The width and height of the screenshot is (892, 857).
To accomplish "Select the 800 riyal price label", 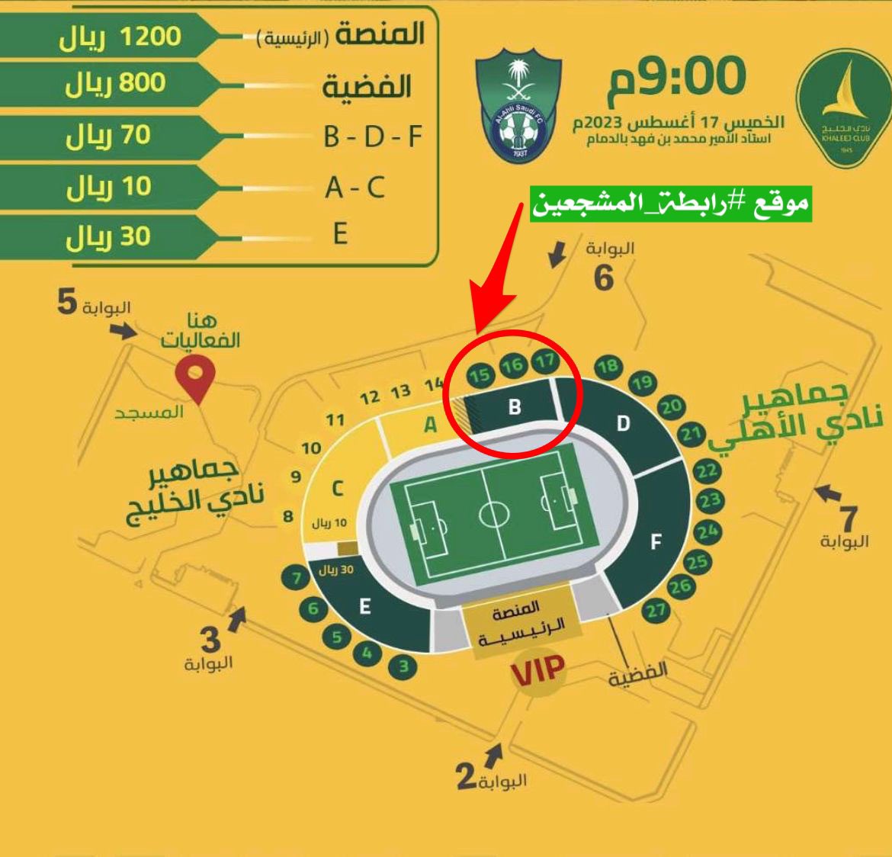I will (115, 83).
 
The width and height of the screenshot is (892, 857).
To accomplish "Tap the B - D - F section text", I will (373, 136).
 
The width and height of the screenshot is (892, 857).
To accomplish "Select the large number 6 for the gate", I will (603, 278).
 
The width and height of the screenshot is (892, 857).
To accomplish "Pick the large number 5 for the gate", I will (67, 303).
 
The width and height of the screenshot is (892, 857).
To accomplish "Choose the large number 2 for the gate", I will (466, 777).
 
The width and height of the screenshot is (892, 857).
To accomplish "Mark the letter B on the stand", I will (515, 406).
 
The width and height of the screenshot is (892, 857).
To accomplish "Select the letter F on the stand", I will (656, 542).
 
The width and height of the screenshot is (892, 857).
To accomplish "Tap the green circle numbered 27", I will (656, 610).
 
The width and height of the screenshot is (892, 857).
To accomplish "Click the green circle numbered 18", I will (608, 367).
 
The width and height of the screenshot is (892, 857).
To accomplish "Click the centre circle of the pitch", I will (493, 514).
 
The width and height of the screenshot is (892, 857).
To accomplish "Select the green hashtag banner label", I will (670, 204).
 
